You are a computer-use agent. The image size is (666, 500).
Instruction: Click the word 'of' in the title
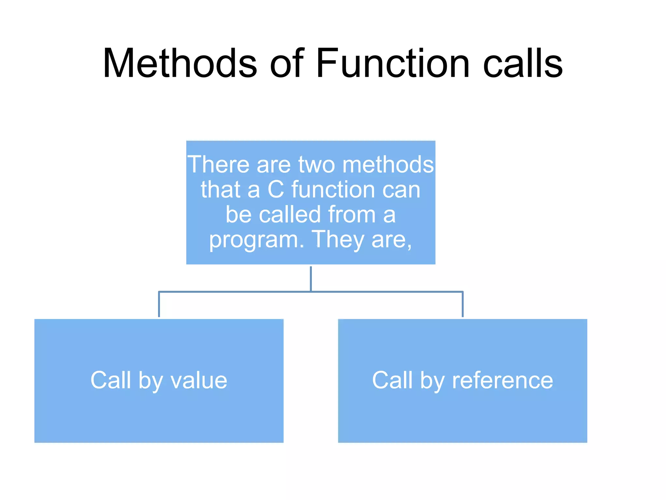286,63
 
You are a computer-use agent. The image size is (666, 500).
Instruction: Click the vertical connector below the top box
311,278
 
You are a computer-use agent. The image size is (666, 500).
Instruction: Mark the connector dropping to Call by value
159,304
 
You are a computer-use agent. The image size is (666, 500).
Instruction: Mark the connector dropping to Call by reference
462,304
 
